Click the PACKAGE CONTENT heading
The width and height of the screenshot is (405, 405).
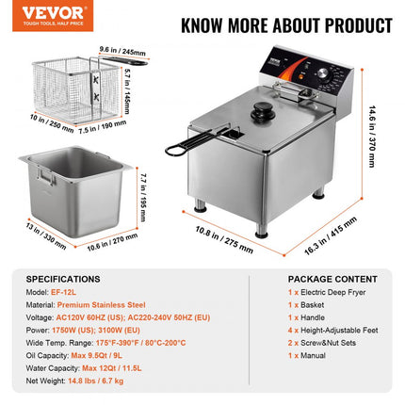315,280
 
